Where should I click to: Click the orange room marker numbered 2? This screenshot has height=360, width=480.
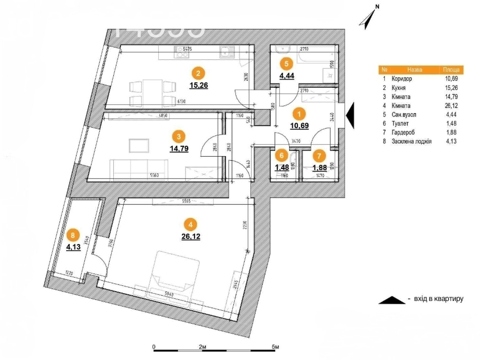(198, 73)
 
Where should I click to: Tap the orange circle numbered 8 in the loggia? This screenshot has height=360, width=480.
(73, 235)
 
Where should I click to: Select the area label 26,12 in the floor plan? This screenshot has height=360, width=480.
(191, 237)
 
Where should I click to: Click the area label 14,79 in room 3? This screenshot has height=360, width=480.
(179, 148)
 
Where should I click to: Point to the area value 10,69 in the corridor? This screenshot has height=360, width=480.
(299, 126)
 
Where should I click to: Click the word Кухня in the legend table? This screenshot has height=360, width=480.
(398, 88)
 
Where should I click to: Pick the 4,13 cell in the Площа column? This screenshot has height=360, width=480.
(451, 141)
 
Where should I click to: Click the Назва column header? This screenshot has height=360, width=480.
(415, 70)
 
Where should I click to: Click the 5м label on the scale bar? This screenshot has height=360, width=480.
(275, 347)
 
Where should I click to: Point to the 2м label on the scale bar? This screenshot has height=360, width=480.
(202, 347)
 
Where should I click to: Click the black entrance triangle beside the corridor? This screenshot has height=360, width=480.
(350, 115)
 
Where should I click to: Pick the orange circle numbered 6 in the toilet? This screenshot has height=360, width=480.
(281, 155)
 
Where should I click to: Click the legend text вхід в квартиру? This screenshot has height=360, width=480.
(438, 299)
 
